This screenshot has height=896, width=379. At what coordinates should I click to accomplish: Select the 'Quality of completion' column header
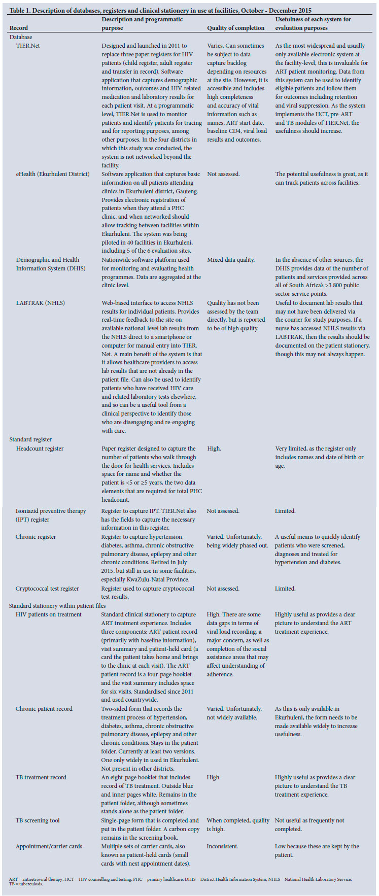pyautogui.click(x=235, y=28)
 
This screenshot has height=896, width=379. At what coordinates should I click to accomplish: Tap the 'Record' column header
pyautogui.click(x=19, y=28)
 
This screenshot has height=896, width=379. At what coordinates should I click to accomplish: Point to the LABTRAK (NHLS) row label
pyautogui.click(x=41, y=303)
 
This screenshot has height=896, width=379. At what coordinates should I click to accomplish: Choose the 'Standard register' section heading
pyautogui.click(x=30, y=439)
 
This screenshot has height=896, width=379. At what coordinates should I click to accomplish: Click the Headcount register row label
pyautogui.click(x=40, y=449)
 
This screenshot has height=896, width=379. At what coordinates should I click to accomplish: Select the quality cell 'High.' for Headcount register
pyautogui.click(x=214, y=449)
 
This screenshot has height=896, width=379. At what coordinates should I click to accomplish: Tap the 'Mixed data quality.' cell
pyautogui.click(x=231, y=260)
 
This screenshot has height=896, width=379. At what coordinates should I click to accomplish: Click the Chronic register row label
pyautogui.click(x=36, y=537)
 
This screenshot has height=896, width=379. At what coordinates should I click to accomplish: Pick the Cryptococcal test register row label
pyautogui.click(x=47, y=589)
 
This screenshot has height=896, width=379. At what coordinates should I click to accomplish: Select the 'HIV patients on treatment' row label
pyautogui.click(x=48, y=614)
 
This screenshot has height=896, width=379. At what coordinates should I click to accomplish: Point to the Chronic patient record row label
pyautogui.click(x=44, y=709)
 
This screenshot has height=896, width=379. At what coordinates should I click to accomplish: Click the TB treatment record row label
pyautogui.click(x=41, y=777)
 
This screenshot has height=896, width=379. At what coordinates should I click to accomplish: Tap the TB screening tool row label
pyautogui.click(x=38, y=820)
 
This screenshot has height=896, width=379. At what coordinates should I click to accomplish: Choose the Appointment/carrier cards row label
pyautogui.click(x=49, y=846)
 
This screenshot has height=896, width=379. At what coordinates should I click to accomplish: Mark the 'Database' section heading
pyautogui.click(x=21, y=37)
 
